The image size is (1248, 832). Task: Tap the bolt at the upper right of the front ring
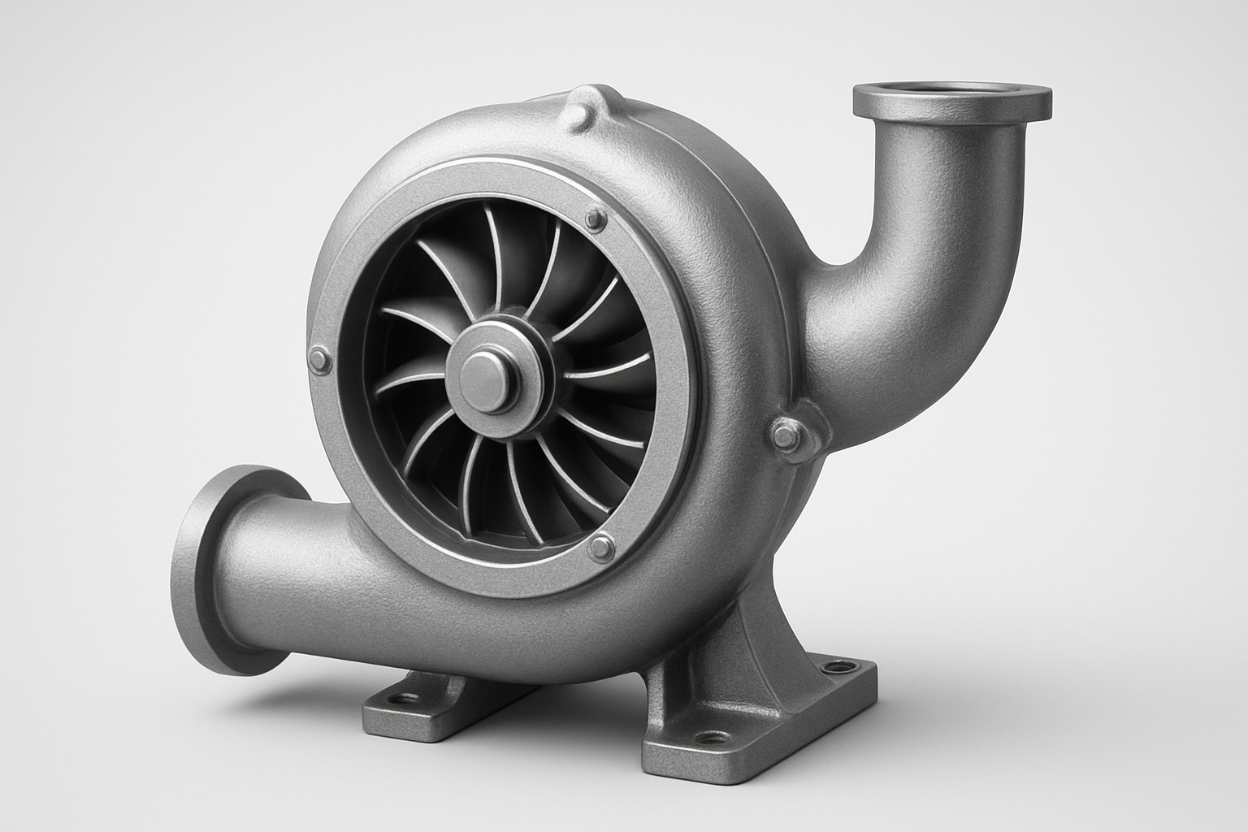(x=597, y=218)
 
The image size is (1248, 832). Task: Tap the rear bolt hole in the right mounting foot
(x=831, y=668)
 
